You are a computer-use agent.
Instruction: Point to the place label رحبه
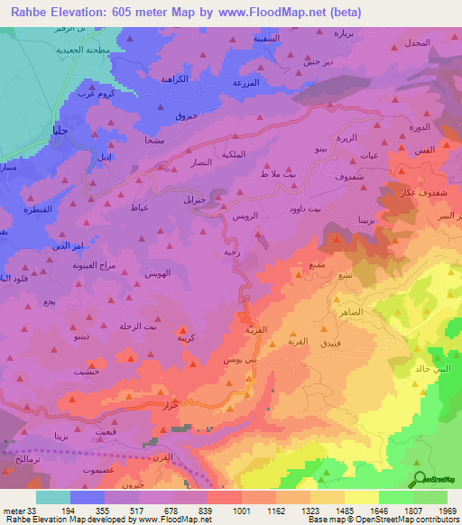[231, 253]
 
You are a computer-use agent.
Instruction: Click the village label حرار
[169, 406]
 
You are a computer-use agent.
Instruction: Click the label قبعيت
[104, 433]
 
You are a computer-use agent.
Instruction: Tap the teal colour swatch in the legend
[53, 497]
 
